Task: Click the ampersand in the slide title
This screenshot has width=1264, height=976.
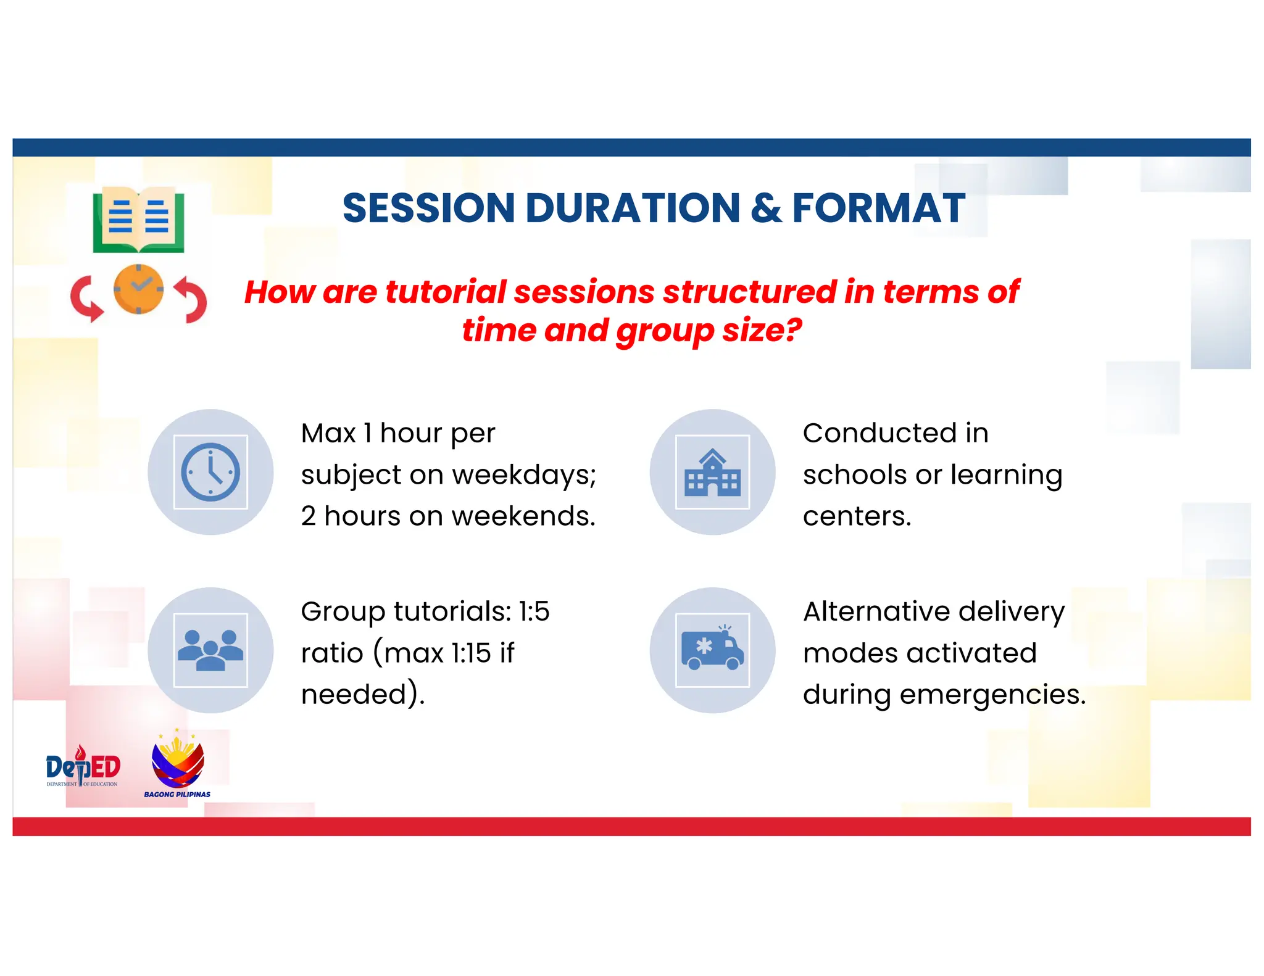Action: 766,208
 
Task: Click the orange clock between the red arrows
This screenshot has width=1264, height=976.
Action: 138,289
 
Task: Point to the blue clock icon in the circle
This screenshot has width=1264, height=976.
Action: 210,472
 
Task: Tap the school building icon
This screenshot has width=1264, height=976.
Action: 712,473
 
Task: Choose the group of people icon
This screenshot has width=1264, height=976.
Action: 210,650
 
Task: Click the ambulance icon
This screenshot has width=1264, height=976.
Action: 712,650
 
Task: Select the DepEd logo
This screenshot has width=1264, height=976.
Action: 83,767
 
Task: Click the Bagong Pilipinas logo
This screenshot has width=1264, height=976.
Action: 177,765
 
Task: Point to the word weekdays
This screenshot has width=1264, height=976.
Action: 524,476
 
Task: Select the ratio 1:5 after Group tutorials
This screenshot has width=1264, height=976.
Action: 534,612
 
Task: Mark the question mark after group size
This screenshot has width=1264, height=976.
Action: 792,330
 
